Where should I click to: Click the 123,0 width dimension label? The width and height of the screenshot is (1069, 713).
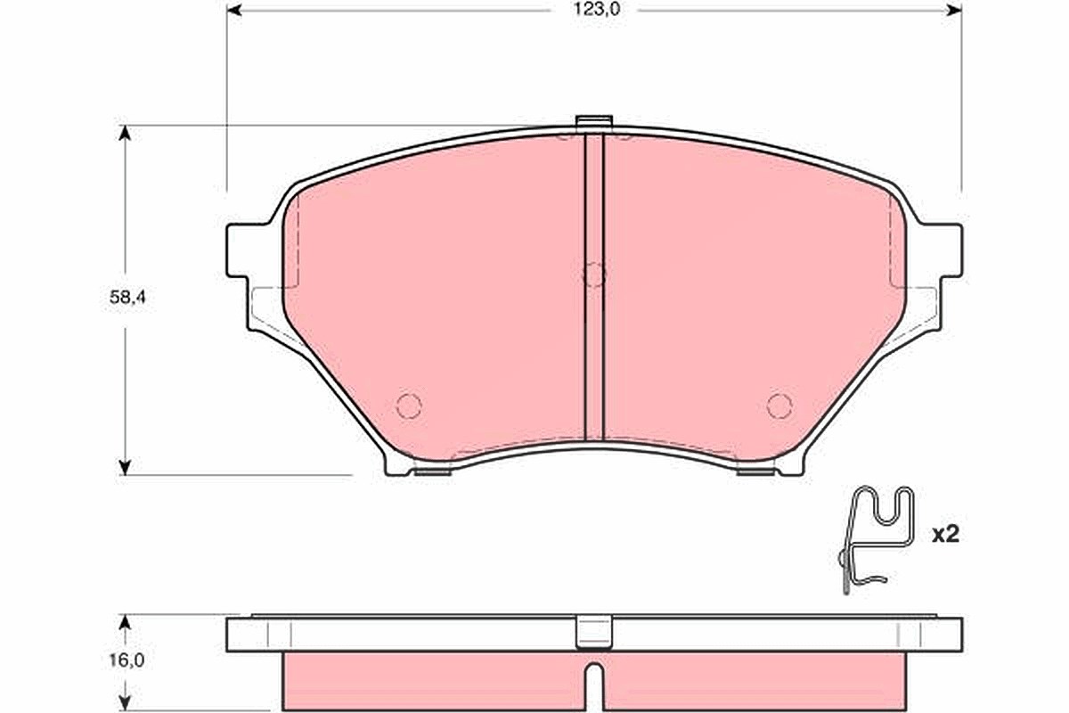tap(596, 10)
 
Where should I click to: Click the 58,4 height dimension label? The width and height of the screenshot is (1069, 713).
tap(126, 297)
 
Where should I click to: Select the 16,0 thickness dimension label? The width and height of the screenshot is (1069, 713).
tap(126, 660)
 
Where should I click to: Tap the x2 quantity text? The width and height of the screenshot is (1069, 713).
tap(945, 535)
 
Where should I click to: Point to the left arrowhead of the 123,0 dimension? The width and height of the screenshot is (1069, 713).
tap(233, 10)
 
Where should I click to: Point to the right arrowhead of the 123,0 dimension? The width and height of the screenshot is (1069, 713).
tap(954, 10)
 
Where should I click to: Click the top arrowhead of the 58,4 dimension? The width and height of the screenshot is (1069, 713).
tap(125, 133)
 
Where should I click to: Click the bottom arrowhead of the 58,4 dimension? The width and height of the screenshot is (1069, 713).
tap(125, 468)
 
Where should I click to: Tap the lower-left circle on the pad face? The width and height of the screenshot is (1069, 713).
tap(409, 406)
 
